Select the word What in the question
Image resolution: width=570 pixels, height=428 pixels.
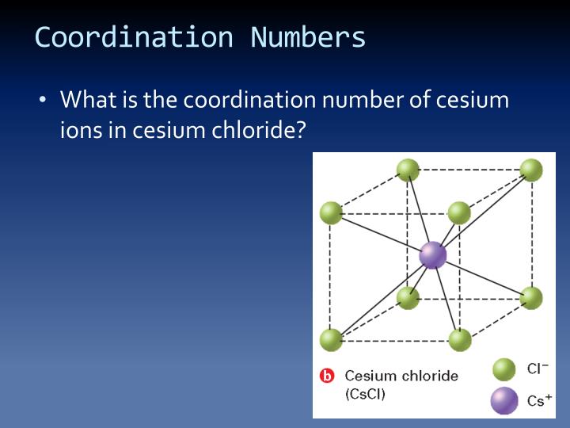coord(88,101)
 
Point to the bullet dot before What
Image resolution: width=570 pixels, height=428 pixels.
coord(43,101)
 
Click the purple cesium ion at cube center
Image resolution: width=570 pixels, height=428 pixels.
coord(433,255)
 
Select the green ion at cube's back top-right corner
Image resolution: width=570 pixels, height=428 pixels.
coord(531,170)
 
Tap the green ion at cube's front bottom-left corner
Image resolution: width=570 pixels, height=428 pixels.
coord(331,340)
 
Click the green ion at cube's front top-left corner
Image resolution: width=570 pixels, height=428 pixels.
coord(331,212)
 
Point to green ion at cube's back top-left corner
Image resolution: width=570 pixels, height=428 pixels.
coord(408,170)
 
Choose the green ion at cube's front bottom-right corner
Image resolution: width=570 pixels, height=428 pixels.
coord(459,340)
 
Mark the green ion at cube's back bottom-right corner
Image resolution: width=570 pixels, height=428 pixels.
coord(531,298)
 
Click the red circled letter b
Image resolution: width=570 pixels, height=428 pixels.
coord(327,376)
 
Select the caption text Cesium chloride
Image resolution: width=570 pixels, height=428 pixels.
coord(401,376)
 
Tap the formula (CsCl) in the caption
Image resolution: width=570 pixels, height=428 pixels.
coord(365,394)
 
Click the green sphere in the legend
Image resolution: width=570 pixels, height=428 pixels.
coord(504,369)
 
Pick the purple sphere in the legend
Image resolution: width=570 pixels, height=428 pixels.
coord(504,400)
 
